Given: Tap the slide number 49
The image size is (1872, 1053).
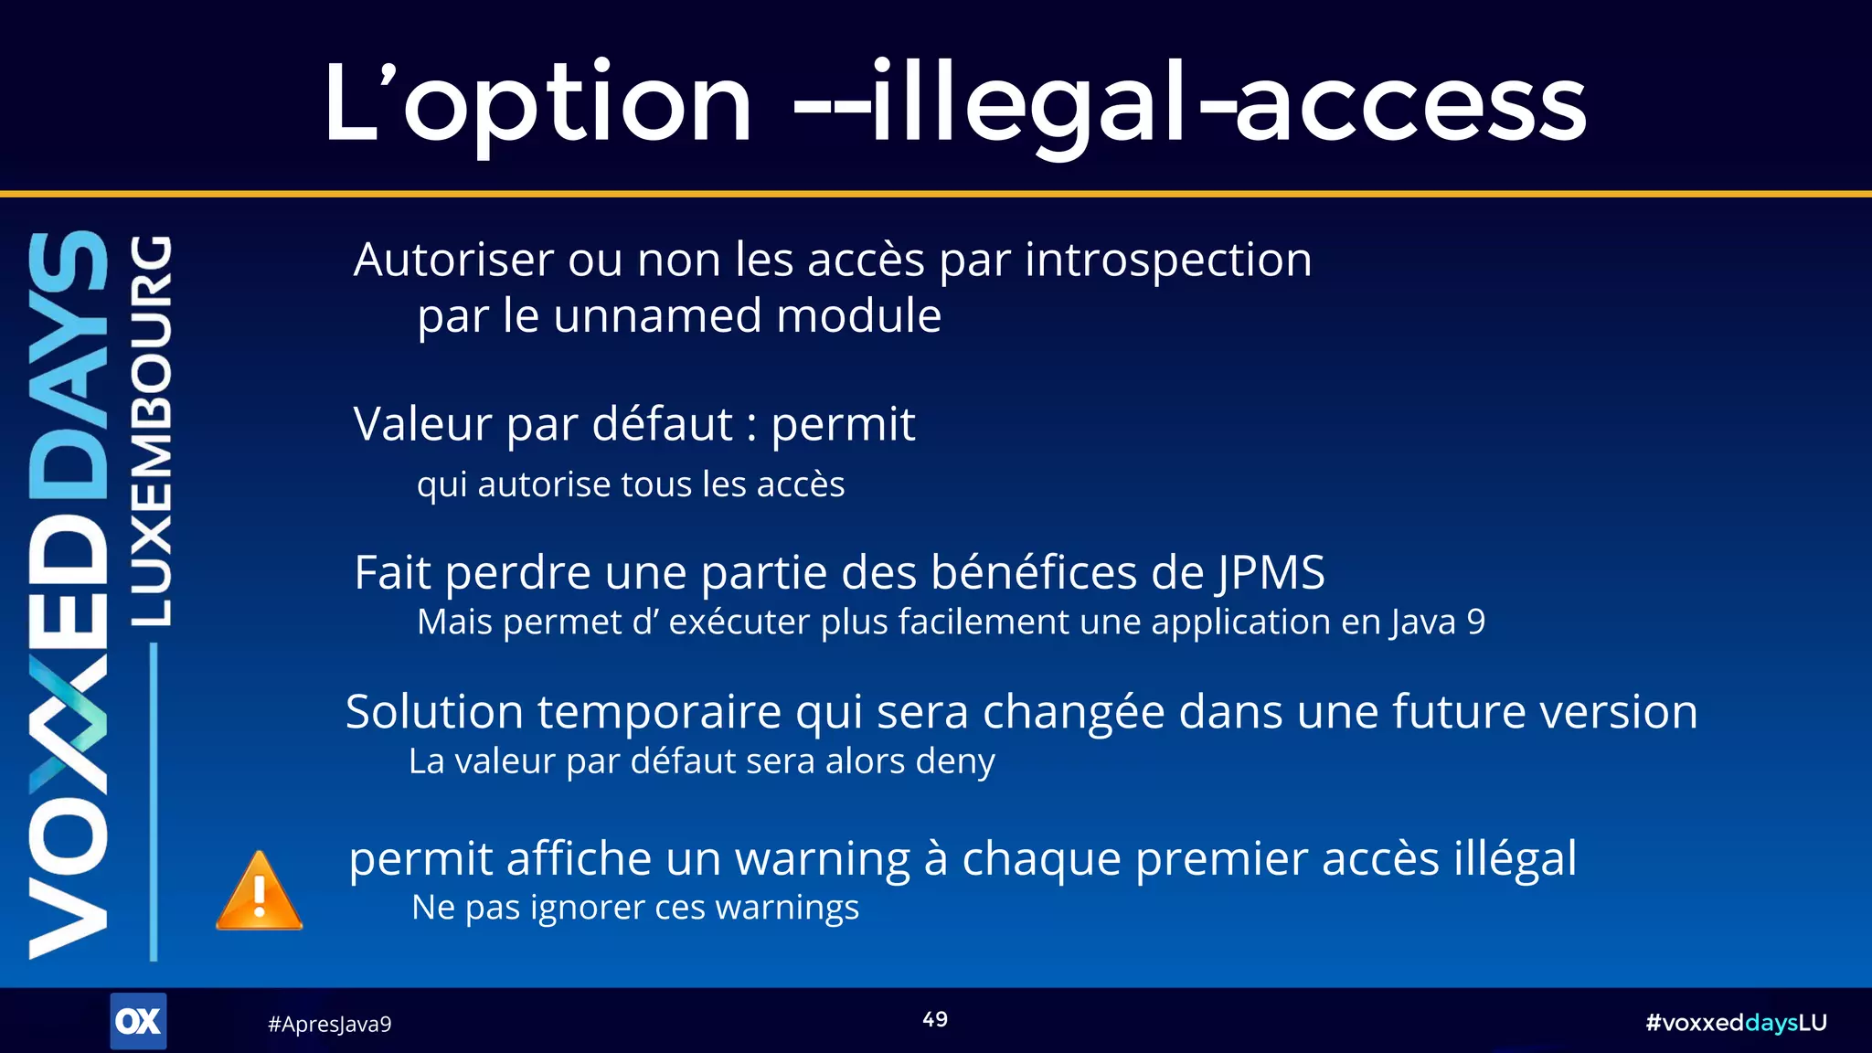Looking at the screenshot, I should pos(935,1020).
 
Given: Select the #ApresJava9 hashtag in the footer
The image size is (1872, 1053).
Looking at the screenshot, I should pos(329,1025).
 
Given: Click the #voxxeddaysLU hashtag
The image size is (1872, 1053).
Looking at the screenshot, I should pos(1736,1023).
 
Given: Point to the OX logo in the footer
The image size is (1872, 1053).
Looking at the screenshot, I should pos(138,1021).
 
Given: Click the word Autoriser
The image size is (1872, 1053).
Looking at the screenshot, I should pos(453,261).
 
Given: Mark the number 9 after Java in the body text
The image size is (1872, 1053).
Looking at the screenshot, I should pos(1475,622).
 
